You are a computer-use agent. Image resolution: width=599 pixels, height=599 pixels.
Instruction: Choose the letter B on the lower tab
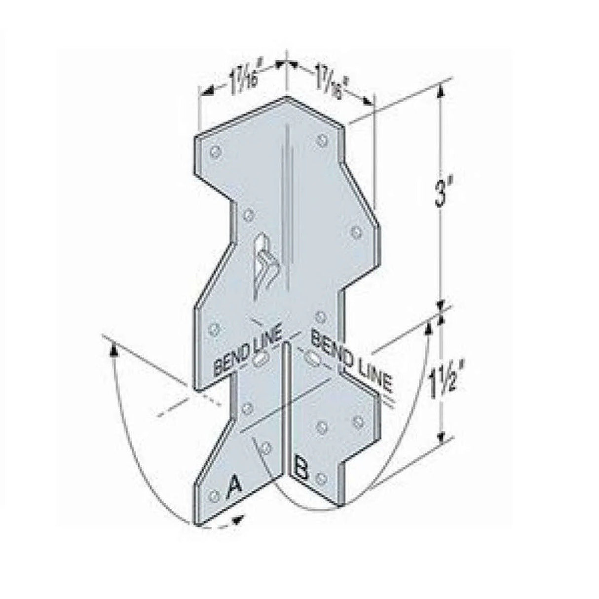pos(300,468)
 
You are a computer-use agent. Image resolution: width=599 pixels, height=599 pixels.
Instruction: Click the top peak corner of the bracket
pos(286,97)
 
